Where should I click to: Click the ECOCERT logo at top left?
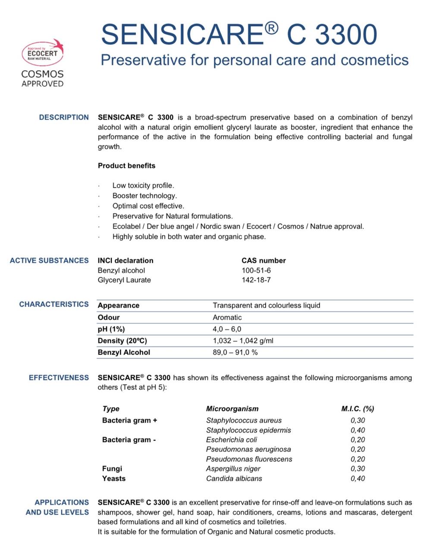click(x=42, y=54)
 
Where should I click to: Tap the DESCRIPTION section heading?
click(x=64, y=117)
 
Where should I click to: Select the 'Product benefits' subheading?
click(x=126, y=166)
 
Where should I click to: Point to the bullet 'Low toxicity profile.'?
click(x=143, y=185)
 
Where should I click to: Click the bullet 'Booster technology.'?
click(x=144, y=196)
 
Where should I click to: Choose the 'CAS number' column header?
click(x=263, y=260)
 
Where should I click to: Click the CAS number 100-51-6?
click(x=256, y=270)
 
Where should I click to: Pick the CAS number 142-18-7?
click(x=256, y=280)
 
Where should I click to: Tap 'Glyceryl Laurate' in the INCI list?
click(x=124, y=280)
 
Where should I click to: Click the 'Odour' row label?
click(x=109, y=317)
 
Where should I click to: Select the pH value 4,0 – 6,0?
click(x=227, y=329)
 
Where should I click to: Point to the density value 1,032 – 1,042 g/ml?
click(x=243, y=341)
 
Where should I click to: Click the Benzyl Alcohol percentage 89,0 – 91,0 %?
click(x=235, y=352)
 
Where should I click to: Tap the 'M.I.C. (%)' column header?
click(x=357, y=409)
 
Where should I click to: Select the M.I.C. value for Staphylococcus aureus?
click(x=357, y=420)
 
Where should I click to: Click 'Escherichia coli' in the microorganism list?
click(x=232, y=440)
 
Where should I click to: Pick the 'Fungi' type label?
click(x=112, y=469)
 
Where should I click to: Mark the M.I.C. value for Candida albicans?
click(x=357, y=479)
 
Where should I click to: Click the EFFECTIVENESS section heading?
click(x=59, y=378)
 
